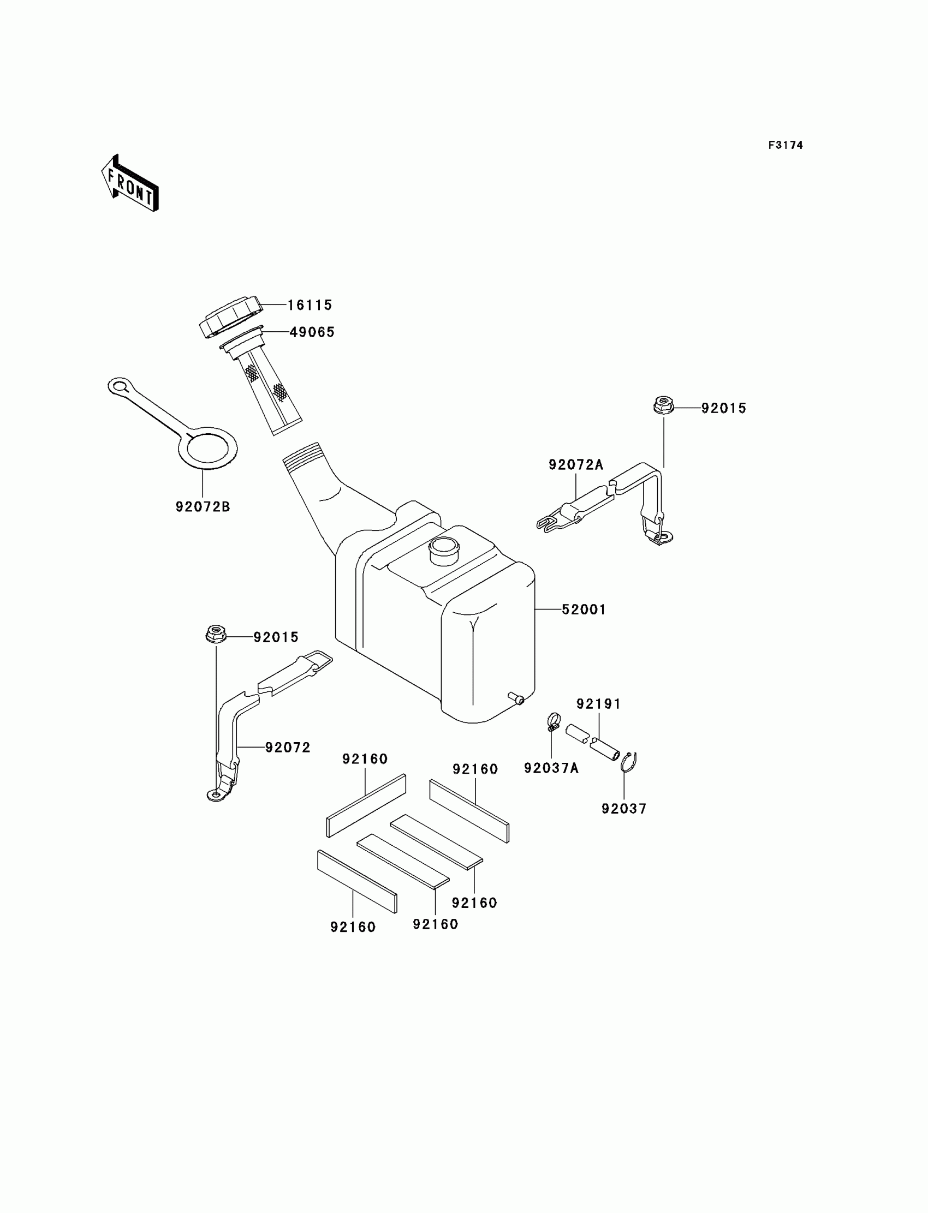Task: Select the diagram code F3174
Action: pos(785,145)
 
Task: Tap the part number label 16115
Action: pos(310,305)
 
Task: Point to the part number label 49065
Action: pos(312,332)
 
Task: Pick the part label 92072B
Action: pos(202,506)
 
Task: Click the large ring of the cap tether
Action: pos(210,448)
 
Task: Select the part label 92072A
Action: pos(575,465)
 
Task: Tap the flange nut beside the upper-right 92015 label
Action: pos(663,406)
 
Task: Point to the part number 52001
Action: pos(584,610)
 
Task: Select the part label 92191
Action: pos(598,704)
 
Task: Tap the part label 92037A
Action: pos(551,768)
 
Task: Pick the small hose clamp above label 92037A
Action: pos(553,721)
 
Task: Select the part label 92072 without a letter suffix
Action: pos(287,747)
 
